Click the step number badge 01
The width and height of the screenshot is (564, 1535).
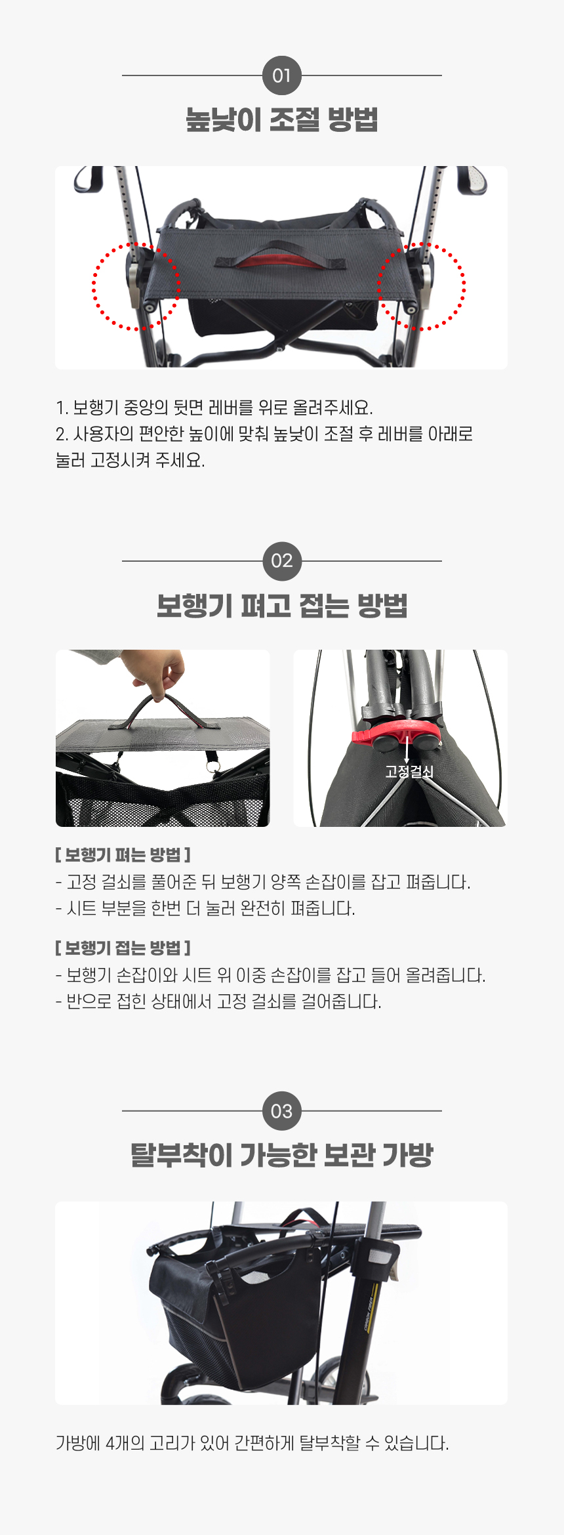tap(282, 75)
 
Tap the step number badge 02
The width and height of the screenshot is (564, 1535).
tap(282, 561)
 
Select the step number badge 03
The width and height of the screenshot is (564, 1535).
tap(282, 1111)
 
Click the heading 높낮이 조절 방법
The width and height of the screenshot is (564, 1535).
tap(282, 119)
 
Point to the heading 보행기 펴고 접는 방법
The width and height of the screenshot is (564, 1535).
tap(282, 605)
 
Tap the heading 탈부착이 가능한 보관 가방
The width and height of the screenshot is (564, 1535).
tap(282, 1155)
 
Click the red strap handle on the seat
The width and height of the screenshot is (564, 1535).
tap(281, 257)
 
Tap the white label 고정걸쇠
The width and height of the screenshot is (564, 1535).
tap(409, 772)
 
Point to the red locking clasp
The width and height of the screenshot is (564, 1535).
tap(397, 734)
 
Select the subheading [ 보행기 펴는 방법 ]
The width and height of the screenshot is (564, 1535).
tap(123, 855)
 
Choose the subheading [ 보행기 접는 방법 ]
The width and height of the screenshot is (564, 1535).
tap(123, 948)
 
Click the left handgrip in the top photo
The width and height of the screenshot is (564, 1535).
tap(89, 179)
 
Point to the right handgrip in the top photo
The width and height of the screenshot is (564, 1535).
tap(472, 180)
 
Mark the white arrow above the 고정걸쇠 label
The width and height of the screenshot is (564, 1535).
tap(407, 749)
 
